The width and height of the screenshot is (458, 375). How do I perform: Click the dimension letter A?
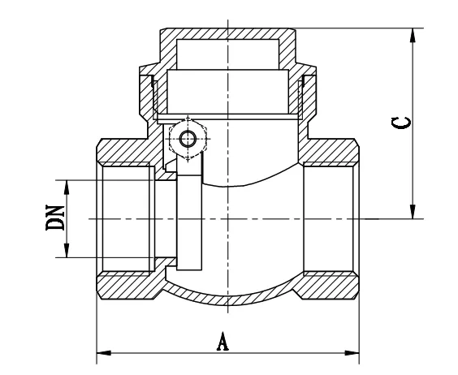[222, 341]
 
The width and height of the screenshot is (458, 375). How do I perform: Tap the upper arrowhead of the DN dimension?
[67, 184]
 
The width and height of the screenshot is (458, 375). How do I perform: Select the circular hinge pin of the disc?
[188, 139]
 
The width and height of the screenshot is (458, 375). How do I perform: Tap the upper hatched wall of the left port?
[126, 152]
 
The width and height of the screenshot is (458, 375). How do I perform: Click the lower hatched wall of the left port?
[126, 286]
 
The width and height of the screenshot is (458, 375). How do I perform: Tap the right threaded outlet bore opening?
[329, 219]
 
